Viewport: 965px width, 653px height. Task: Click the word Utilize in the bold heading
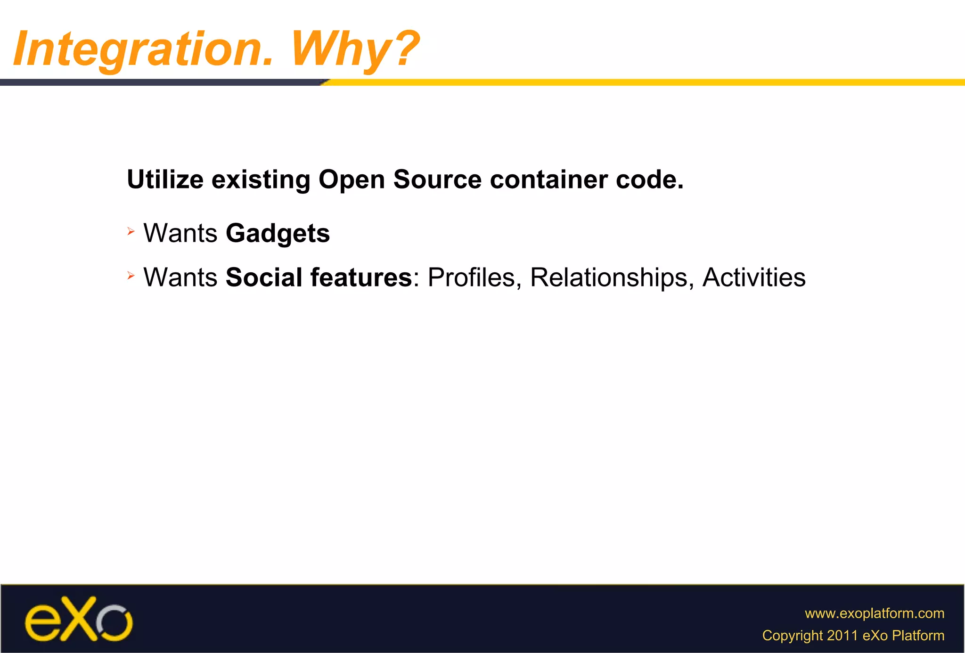coord(165,180)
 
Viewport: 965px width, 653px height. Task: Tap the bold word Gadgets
coord(278,233)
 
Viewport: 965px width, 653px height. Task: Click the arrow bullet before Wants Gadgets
coord(131,231)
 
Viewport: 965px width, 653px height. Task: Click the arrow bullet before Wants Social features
coord(131,275)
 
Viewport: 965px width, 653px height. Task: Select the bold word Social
coord(264,277)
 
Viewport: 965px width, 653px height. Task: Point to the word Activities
coord(753,277)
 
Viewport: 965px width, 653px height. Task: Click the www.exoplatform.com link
coord(874,613)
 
